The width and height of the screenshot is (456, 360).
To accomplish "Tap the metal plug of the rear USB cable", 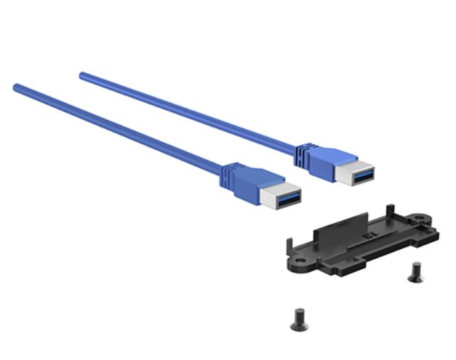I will pos(356,174).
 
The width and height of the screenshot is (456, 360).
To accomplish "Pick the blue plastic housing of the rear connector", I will pos(325,159).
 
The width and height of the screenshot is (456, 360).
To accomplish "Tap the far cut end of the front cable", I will pos(16,87).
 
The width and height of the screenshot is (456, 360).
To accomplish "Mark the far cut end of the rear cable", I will pos(82,74).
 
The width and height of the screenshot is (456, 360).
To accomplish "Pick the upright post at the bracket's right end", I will pos(389,208).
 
